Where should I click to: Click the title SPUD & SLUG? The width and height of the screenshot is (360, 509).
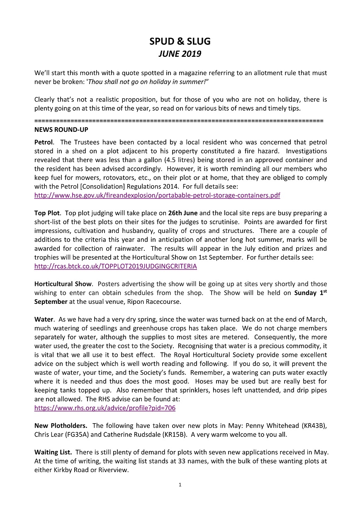[x=180, y=41]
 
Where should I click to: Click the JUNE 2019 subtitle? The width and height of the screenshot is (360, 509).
[x=180, y=54]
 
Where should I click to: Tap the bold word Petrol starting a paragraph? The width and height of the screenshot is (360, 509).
[x=44, y=142]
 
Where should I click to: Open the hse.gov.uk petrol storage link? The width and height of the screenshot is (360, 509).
[x=157, y=195]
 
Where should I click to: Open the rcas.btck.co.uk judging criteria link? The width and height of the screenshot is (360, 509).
[x=115, y=266]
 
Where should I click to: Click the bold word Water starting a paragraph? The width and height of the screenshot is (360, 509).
[x=44, y=320]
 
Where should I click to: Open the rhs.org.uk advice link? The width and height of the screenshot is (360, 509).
[x=105, y=408]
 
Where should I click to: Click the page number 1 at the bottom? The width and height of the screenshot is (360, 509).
[x=180, y=485]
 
